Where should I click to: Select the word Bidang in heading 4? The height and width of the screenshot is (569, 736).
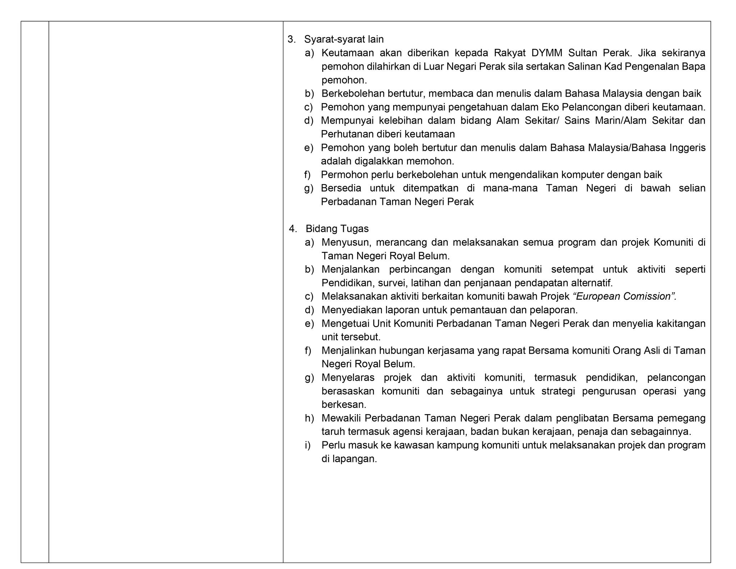click(x=319, y=229)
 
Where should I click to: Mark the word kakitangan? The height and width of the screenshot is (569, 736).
click(x=681, y=323)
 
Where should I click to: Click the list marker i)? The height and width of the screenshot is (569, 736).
click(x=308, y=445)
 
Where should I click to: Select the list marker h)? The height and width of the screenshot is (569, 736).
click(x=309, y=418)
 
